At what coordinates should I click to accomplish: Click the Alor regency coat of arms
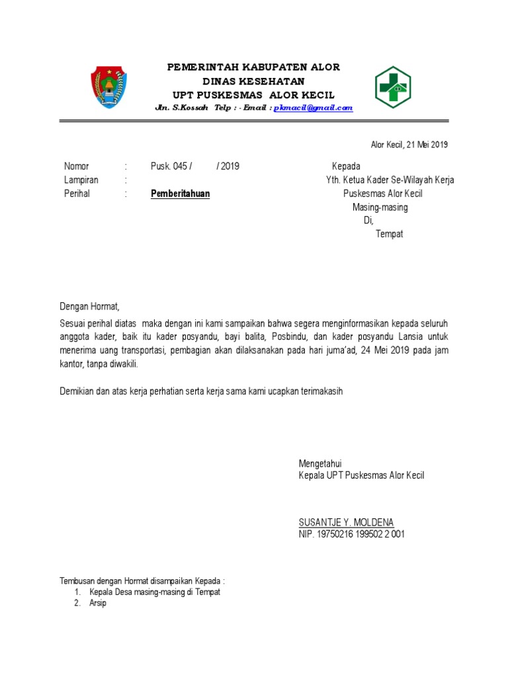[108, 87]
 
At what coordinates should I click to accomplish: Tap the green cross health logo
[393, 87]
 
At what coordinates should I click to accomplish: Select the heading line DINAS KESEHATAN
[253, 81]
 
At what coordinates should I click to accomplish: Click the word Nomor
[77, 166]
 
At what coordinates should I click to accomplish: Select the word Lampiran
[81, 180]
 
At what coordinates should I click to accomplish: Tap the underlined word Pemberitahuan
[181, 194]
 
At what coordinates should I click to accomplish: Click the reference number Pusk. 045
[169, 166]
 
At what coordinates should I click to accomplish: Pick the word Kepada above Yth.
[346, 166]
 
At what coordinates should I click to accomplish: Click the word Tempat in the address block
[390, 234]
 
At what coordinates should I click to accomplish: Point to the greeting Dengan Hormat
[89, 306]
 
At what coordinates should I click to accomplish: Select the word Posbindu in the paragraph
[290, 337]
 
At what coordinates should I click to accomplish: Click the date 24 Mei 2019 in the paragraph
[384, 350]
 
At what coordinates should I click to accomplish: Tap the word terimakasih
[320, 391]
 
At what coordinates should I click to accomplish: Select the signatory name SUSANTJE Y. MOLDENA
[346, 522]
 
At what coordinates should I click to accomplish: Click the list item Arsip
[97, 603]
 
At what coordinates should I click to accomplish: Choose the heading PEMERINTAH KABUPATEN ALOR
[253, 67]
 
